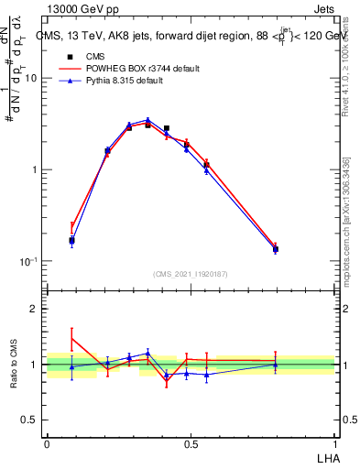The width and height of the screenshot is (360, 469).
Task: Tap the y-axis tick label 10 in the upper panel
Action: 31,79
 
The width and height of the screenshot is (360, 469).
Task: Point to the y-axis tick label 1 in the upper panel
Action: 34,170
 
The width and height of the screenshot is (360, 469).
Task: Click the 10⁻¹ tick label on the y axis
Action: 28,261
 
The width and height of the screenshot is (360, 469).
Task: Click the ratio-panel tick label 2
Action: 34,309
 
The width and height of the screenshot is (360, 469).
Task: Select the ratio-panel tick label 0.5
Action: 29,420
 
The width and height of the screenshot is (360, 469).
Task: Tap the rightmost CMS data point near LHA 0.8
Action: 276,248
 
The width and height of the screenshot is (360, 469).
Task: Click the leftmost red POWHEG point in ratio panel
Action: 71,338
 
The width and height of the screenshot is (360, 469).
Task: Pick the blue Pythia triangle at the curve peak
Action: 147,119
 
